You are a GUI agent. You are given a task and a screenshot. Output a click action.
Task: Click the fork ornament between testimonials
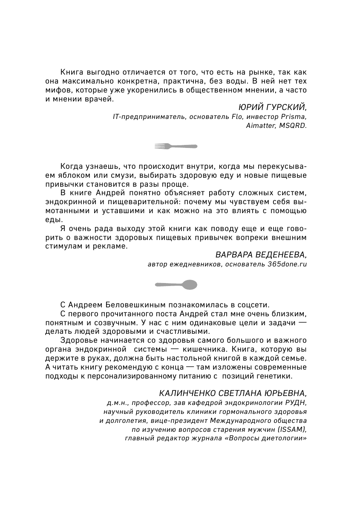pos(175,146)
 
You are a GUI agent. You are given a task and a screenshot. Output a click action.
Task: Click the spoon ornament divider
pos(175,284)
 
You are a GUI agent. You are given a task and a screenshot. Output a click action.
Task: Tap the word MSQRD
pos(293,126)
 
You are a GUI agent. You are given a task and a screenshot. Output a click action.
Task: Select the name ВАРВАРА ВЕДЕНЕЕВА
pos(261,255)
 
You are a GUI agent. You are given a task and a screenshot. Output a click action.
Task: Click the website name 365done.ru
pos(287,264)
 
